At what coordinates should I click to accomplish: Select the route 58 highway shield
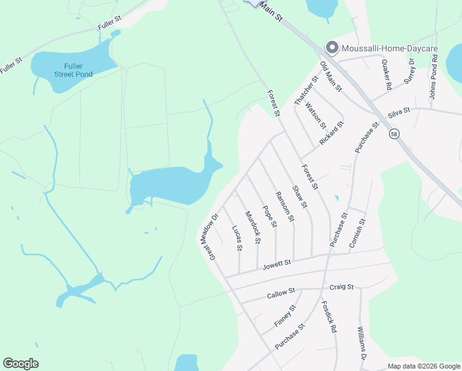point(393,134)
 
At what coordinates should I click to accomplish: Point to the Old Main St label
point(331,77)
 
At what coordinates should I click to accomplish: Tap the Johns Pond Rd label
point(434,80)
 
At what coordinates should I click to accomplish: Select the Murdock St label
point(253,227)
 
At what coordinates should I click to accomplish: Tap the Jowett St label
point(277,264)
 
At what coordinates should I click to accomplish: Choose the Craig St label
point(341,287)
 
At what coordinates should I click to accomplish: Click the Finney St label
point(285,316)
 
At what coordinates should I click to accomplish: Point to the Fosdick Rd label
point(328,317)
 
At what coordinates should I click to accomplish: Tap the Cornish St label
point(358,234)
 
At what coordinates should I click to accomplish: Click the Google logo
point(20,364)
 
